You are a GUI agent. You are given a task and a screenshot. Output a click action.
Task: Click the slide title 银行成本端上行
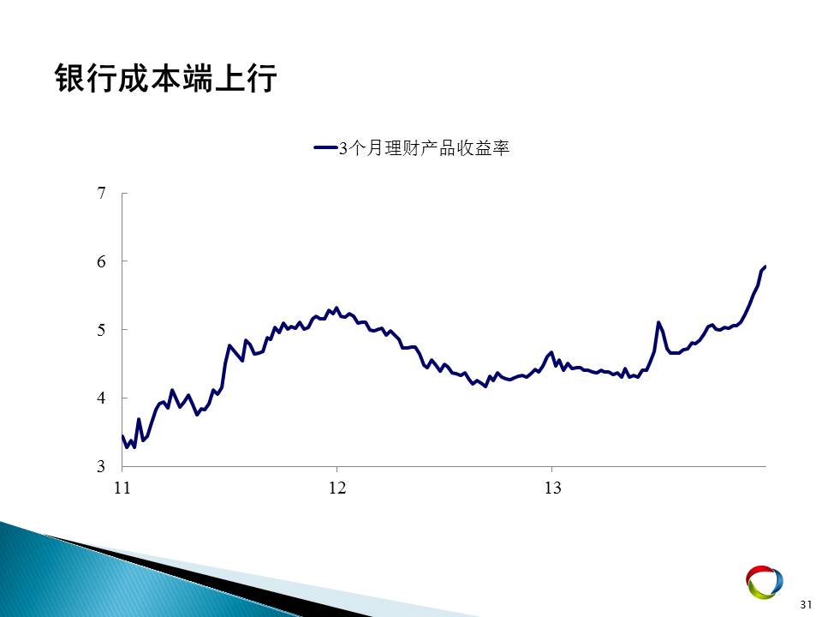(x=165, y=79)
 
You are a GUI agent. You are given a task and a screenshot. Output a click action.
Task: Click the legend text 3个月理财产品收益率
(x=424, y=148)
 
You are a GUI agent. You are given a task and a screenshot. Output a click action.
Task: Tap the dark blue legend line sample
(x=325, y=148)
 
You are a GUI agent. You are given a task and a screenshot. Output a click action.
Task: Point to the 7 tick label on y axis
(x=101, y=193)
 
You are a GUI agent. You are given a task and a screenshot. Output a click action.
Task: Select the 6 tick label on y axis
(x=101, y=261)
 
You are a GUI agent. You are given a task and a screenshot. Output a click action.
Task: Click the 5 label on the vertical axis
(x=101, y=330)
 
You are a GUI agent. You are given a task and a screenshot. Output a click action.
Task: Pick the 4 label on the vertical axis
(x=101, y=398)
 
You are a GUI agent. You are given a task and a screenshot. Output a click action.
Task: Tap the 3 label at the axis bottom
(x=101, y=466)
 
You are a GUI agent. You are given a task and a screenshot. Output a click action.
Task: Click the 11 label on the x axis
(x=122, y=488)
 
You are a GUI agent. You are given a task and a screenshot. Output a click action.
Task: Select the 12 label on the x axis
(x=337, y=488)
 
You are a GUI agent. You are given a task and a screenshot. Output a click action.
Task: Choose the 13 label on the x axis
(x=552, y=488)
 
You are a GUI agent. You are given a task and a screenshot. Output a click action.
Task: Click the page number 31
(x=806, y=604)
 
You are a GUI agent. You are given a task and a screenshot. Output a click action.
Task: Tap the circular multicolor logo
(x=765, y=582)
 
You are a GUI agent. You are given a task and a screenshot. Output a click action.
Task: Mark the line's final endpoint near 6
(x=765, y=267)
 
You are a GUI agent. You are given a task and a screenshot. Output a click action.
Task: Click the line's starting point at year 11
(x=122, y=436)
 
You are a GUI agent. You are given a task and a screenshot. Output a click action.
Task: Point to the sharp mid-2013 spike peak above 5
(x=658, y=322)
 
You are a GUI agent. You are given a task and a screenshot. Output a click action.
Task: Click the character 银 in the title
(x=70, y=79)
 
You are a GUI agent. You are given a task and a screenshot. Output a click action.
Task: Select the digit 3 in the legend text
(x=342, y=148)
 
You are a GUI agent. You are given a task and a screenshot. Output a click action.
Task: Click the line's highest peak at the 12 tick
(x=336, y=308)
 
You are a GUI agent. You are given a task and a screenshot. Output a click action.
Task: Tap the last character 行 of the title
(x=261, y=79)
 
